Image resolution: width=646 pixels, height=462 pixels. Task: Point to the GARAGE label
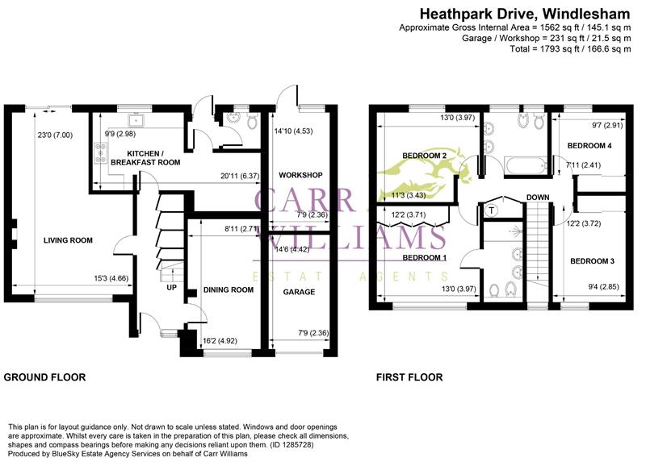[x=298, y=292]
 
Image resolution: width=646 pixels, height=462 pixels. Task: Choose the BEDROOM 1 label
[x=424, y=258]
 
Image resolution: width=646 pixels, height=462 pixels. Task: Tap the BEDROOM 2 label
[x=425, y=156]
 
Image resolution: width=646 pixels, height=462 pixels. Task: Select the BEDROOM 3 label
[x=592, y=261]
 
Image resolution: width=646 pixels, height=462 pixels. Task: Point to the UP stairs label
[x=171, y=287]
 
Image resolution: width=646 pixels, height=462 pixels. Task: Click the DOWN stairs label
[x=538, y=198]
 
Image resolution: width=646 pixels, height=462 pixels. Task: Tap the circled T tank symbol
[x=493, y=210]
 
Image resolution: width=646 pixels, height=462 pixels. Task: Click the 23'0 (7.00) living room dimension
[x=55, y=135]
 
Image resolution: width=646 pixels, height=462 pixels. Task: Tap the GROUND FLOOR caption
[x=44, y=377]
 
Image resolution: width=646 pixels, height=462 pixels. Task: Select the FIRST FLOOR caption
[x=409, y=377]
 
